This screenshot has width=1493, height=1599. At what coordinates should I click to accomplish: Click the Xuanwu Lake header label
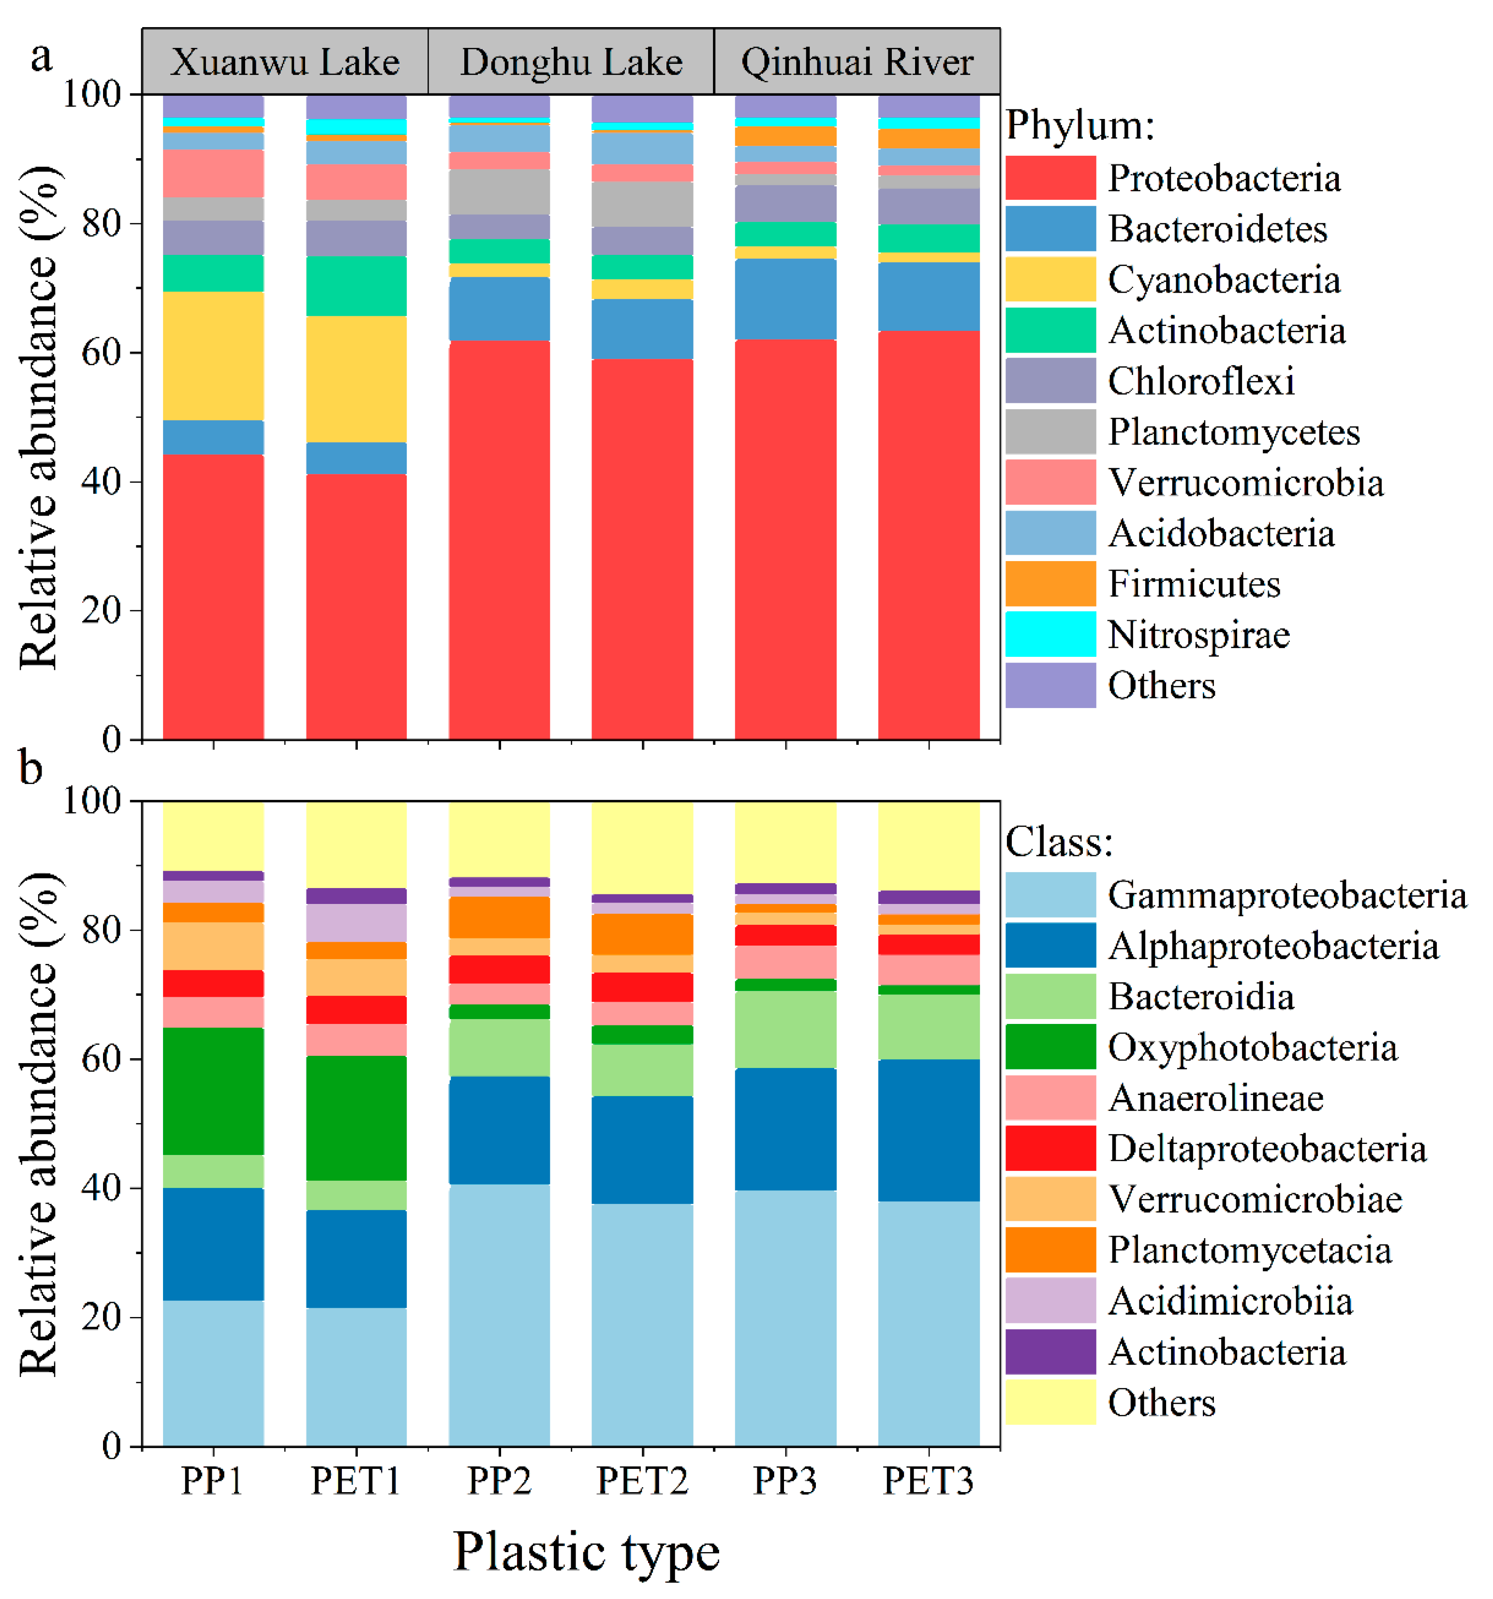[285, 62]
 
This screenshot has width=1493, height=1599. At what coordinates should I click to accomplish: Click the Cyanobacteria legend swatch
[1050, 279]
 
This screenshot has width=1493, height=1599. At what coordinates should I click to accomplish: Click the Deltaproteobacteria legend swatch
[1050, 1148]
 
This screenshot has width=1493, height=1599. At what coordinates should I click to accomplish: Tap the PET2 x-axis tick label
[642, 1481]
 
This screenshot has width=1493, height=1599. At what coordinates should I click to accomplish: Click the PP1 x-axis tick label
[212, 1481]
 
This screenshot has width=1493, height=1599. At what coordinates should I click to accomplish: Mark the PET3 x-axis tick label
[928, 1481]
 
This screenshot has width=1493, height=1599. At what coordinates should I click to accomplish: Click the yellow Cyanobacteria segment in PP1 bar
[213, 355]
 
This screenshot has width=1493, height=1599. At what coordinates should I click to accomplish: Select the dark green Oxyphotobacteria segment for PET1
[356, 1118]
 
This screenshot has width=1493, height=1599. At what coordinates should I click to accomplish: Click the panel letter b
[30, 768]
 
